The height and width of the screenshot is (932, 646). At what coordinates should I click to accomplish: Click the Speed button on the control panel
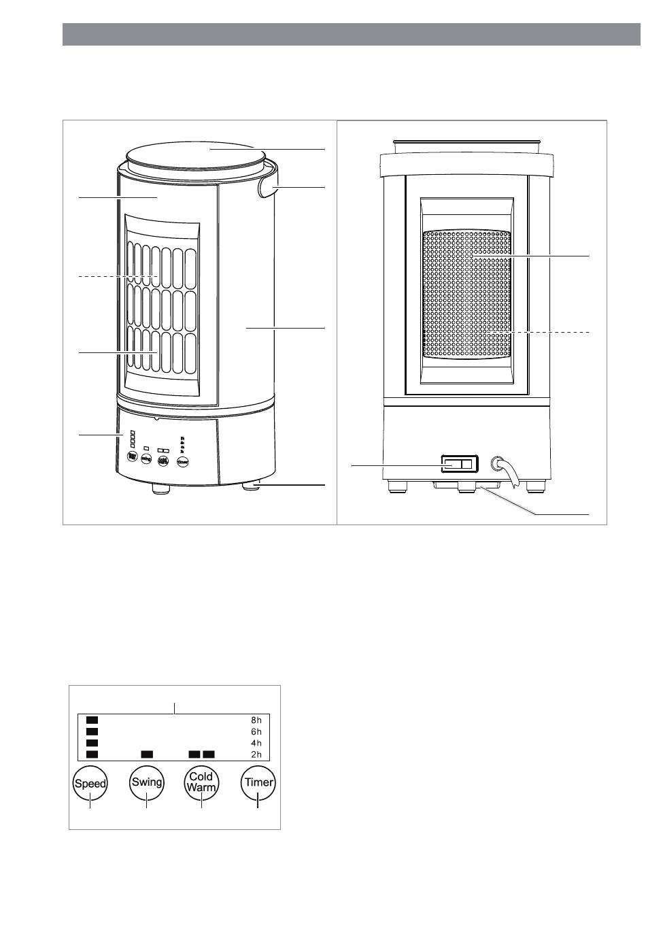pyautogui.click(x=90, y=783)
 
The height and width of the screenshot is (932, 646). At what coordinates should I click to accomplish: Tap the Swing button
pyautogui.click(x=147, y=782)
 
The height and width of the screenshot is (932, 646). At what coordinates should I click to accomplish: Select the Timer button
pyautogui.click(x=258, y=782)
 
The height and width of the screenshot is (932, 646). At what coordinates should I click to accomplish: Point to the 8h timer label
pyautogui.click(x=256, y=718)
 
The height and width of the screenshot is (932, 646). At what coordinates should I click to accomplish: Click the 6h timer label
pyautogui.click(x=256, y=731)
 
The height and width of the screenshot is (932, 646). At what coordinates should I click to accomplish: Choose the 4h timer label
pyautogui.click(x=256, y=743)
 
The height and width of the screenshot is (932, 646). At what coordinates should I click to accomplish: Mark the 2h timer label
pyautogui.click(x=256, y=754)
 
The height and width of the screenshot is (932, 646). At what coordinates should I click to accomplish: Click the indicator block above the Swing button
pyautogui.click(x=147, y=754)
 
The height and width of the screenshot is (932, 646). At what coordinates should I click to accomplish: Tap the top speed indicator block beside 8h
pyautogui.click(x=92, y=718)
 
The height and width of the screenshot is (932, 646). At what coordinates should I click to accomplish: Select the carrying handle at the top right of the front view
pyautogui.click(x=271, y=185)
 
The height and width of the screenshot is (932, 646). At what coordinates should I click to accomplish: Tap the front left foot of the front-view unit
pyautogui.click(x=161, y=488)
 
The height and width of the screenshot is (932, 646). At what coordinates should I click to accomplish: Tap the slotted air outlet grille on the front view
pyautogui.click(x=162, y=306)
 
